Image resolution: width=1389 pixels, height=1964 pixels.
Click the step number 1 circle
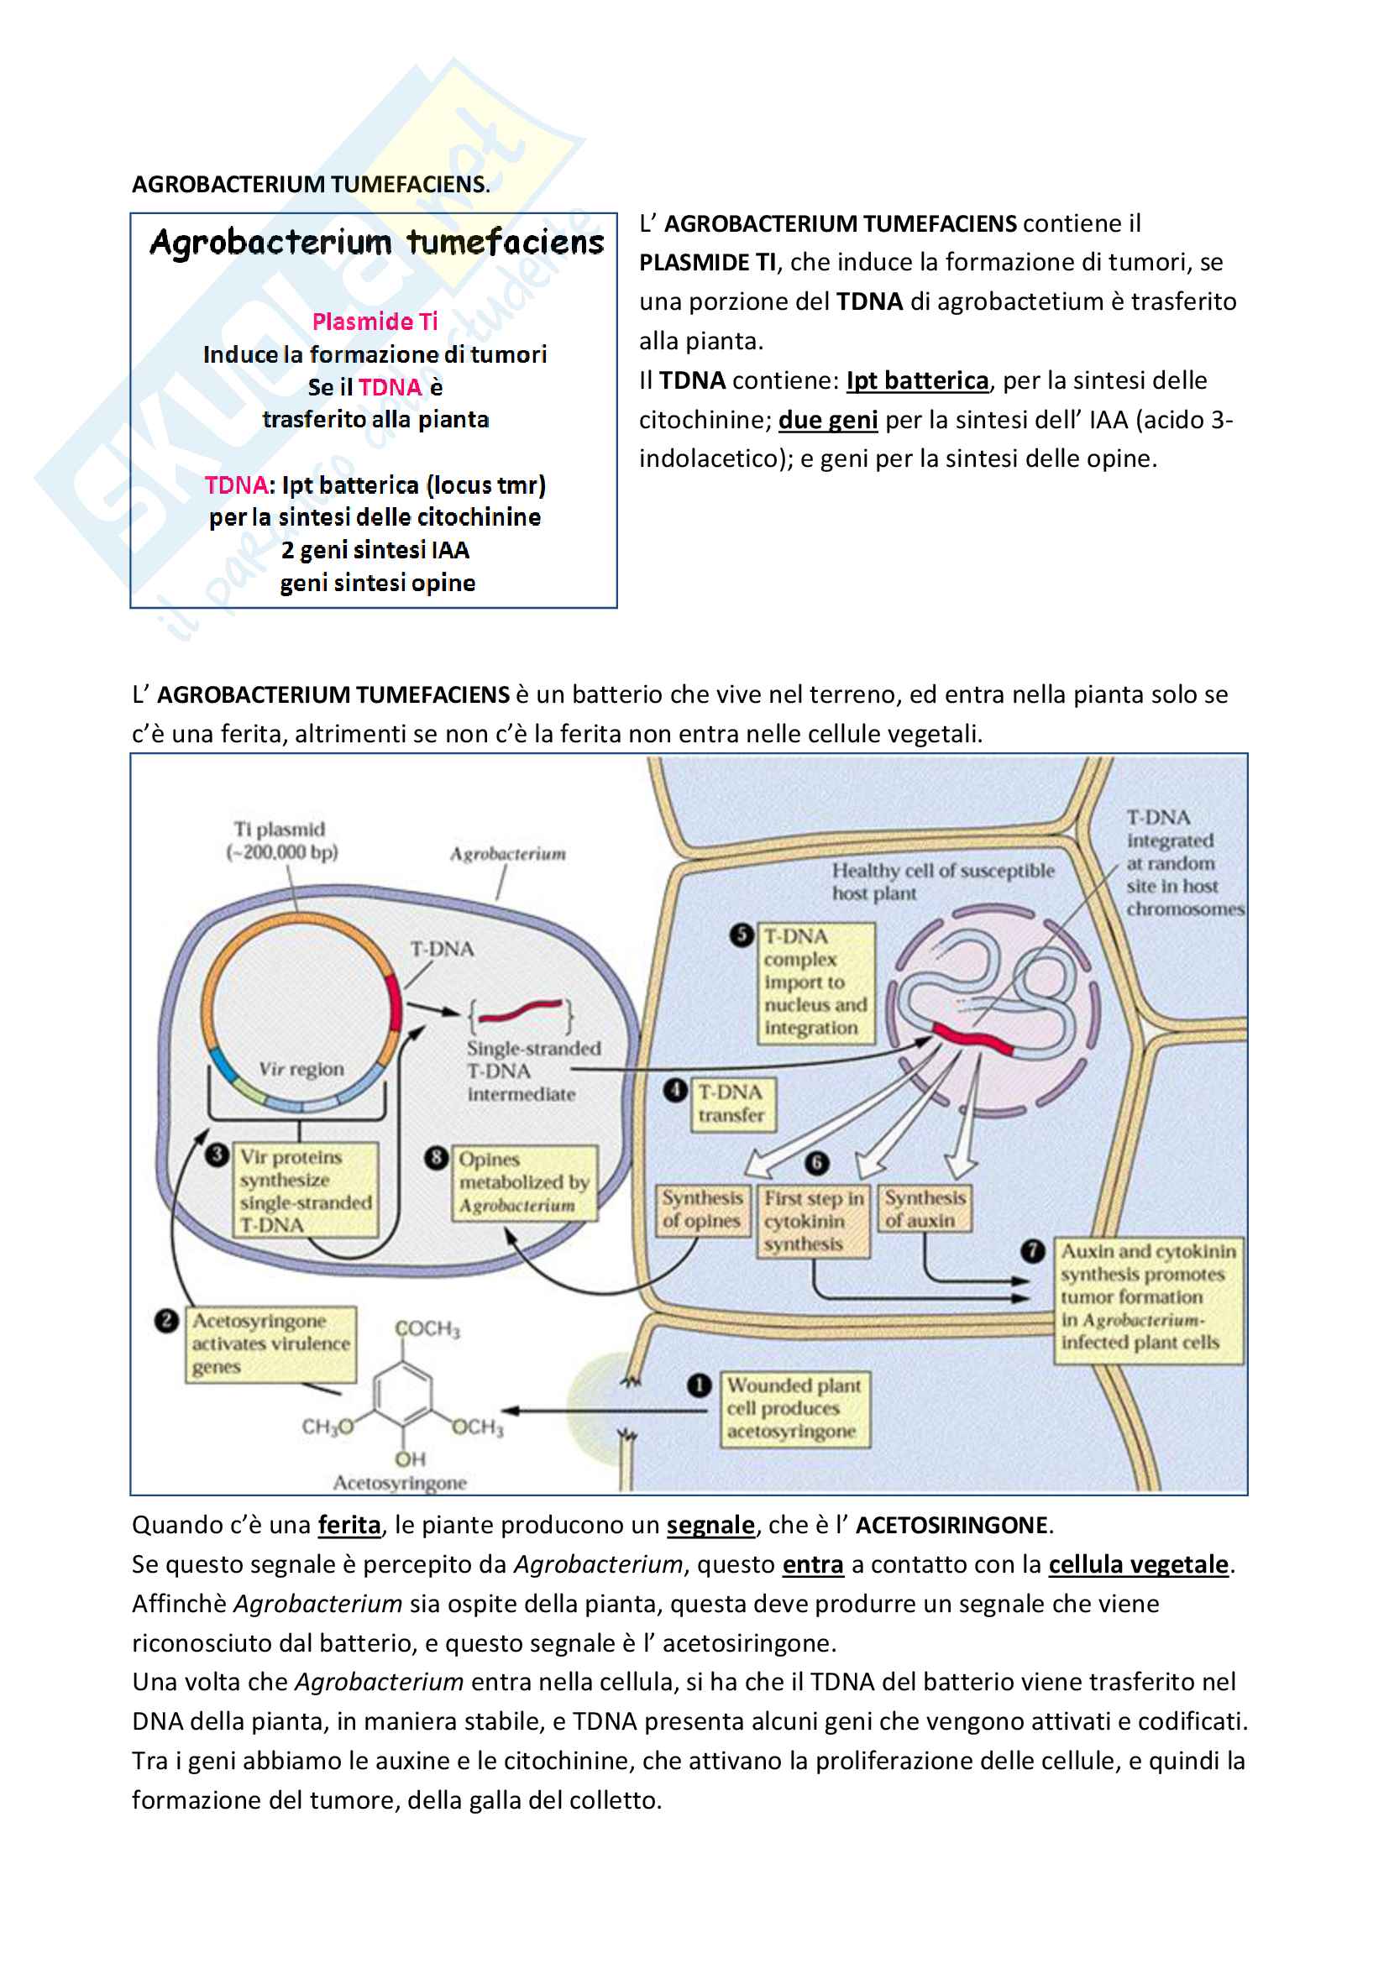pos(699,1385)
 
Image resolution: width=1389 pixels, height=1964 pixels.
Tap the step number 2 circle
pos(166,1321)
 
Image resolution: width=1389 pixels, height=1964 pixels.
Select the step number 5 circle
pos(742,935)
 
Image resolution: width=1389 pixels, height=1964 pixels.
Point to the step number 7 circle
pos(1032,1251)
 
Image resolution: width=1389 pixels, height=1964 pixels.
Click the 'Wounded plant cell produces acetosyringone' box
pos(795,1408)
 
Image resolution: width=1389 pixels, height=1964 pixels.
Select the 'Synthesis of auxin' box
pos(925,1208)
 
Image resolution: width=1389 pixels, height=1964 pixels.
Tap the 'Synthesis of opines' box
pos(702,1208)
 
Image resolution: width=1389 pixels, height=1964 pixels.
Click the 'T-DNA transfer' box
pos(732,1103)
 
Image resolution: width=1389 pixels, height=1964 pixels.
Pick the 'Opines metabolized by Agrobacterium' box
pos(524,1182)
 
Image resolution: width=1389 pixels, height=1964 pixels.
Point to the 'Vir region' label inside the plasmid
pos(301,1069)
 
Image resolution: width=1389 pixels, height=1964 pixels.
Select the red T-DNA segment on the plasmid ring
pos(393,1002)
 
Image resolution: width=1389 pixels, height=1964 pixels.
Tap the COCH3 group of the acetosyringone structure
pos(427,1329)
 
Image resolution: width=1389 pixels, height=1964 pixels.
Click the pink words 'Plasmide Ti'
pos(375,322)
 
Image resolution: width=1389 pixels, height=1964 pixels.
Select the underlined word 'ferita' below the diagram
pos(349,1525)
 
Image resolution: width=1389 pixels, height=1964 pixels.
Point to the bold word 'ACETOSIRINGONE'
pos(951,1525)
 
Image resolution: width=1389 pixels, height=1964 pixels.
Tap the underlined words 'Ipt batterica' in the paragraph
pos(917,380)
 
